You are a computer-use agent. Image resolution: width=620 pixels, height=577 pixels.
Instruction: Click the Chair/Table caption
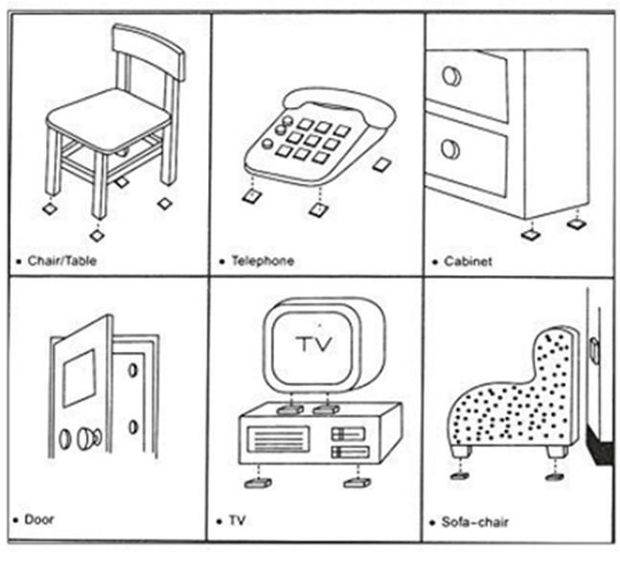pos(62,260)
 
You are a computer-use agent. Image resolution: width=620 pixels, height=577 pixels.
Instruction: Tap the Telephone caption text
pos(263,261)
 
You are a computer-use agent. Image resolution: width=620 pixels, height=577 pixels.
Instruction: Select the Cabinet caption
pos(469,261)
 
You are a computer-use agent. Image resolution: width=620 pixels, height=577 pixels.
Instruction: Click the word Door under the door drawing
pos(40,519)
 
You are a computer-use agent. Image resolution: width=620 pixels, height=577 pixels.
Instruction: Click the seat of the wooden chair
pos(107,119)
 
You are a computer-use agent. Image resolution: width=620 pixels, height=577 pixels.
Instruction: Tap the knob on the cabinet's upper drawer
pos(450,77)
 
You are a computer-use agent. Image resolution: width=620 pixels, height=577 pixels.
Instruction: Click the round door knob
pos(87,438)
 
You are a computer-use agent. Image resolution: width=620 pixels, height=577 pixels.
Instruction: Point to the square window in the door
pos(79,377)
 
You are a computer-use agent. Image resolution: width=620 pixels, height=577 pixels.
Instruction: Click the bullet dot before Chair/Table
pos(20,261)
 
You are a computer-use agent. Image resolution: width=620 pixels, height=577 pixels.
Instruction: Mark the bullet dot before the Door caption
pos(20,520)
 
